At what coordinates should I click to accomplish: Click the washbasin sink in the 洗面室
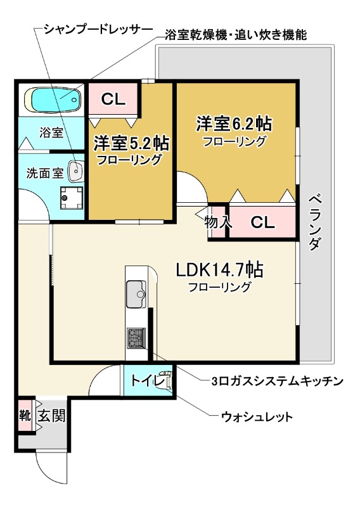pyautogui.click(x=75, y=170)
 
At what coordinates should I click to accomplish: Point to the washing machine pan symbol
pyautogui.click(x=70, y=197)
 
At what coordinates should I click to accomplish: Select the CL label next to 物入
pyautogui.click(x=262, y=222)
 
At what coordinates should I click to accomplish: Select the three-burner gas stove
pyautogui.click(x=136, y=338)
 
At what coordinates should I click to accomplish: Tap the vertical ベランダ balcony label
pyautogui.click(x=316, y=222)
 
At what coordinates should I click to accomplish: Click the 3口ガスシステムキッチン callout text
pyautogui.click(x=276, y=381)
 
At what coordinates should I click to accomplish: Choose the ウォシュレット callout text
pyautogui.click(x=256, y=416)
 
